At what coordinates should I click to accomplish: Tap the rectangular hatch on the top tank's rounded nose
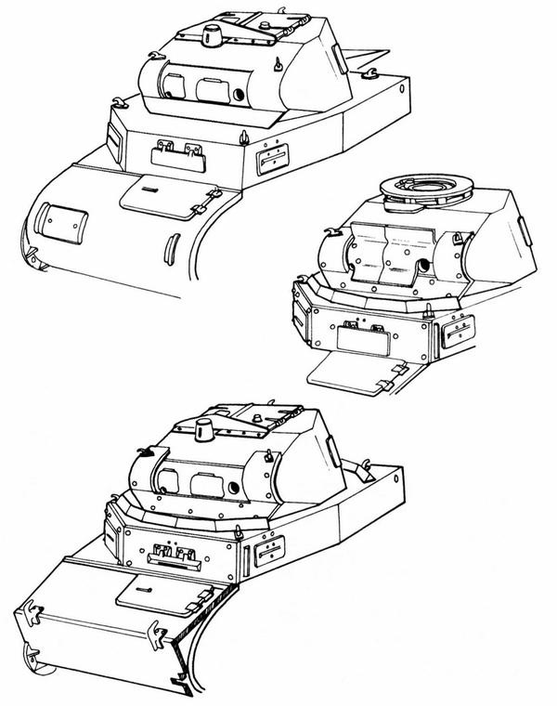[x=65, y=222]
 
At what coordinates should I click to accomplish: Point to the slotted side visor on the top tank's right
[x=271, y=159]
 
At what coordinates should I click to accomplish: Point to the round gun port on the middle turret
[x=426, y=265]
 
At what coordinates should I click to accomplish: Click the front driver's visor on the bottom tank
[x=175, y=556]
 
